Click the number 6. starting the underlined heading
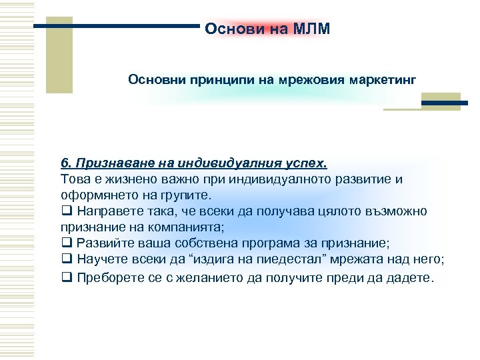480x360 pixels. tap(65, 164)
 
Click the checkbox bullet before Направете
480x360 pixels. tap(65, 211)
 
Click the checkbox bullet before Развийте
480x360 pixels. tap(65, 243)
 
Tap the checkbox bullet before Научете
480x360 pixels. tap(65, 259)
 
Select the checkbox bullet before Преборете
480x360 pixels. tap(65, 275)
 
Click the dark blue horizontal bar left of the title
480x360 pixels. tap(117, 27)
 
